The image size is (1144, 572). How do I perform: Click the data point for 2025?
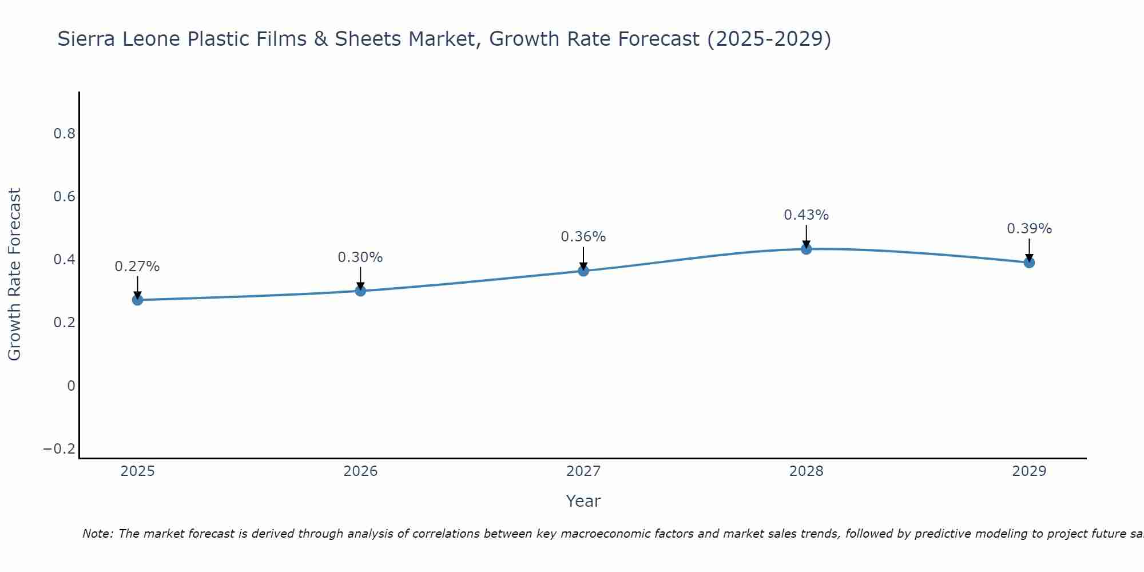(x=137, y=300)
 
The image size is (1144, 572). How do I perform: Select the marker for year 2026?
(x=360, y=291)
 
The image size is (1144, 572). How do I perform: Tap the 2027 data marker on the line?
(x=583, y=271)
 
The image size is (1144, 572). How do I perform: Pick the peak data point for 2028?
(x=806, y=249)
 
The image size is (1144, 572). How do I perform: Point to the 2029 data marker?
(x=1029, y=263)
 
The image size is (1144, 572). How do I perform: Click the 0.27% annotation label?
(x=137, y=267)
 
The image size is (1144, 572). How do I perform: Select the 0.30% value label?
(x=360, y=257)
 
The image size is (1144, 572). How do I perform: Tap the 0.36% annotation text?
(x=583, y=237)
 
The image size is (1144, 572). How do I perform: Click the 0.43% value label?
(x=806, y=215)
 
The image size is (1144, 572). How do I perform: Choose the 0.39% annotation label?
(x=1029, y=229)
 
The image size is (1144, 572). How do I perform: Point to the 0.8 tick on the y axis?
(x=64, y=134)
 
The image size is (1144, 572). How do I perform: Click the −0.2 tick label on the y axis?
(x=59, y=449)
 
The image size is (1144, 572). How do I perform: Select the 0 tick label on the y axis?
(x=71, y=386)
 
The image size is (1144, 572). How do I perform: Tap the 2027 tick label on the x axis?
(x=583, y=471)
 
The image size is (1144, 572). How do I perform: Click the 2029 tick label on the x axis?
(x=1029, y=471)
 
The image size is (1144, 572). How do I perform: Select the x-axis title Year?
(x=583, y=501)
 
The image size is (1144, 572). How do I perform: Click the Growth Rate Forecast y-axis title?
(x=14, y=274)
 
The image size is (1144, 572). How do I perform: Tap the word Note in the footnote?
(x=97, y=534)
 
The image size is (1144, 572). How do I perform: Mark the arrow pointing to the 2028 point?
(x=806, y=236)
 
